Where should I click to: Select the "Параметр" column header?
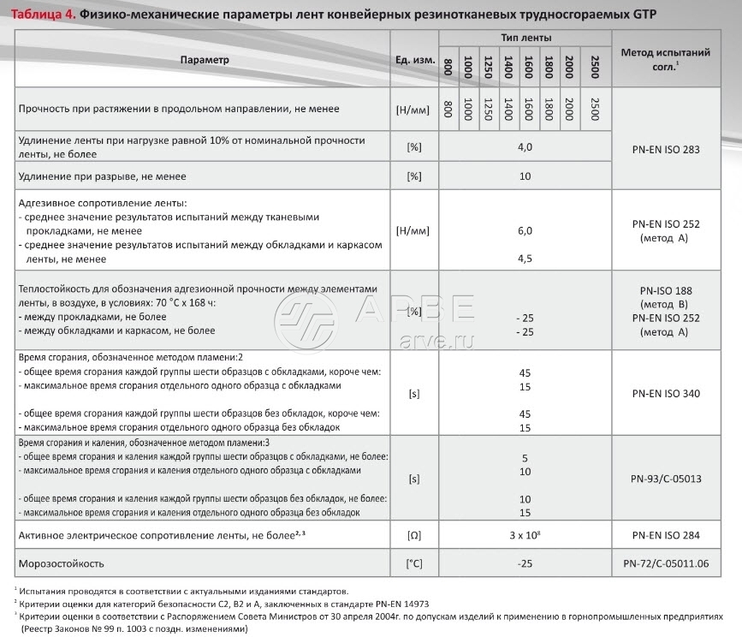[205, 60]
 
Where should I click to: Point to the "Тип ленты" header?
[525, 39]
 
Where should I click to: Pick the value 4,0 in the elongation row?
[525, 147]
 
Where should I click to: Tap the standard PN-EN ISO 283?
[665, 149]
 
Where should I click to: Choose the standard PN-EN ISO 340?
[665, 394]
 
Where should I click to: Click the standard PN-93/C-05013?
[665, 479]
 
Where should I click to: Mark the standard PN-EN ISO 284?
[665, 535]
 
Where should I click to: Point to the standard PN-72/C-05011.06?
[665, 563]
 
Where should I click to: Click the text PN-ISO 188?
[665, 290]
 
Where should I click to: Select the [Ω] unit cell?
[414, 535]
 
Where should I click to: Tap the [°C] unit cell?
[414, 563]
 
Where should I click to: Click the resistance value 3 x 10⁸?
[525, 535]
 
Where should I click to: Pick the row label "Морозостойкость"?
[62, 563]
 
